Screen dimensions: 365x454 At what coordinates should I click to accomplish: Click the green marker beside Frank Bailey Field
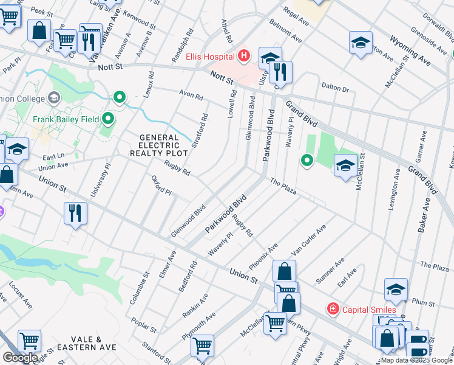[109, 117]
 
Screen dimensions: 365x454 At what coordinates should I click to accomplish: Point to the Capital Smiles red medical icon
[333, 309]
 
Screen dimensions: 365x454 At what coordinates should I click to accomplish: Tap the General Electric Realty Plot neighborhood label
[159, 147]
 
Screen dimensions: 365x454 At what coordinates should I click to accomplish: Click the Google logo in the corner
[20, 358]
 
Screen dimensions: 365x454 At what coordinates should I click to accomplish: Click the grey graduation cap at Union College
[53, 98]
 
